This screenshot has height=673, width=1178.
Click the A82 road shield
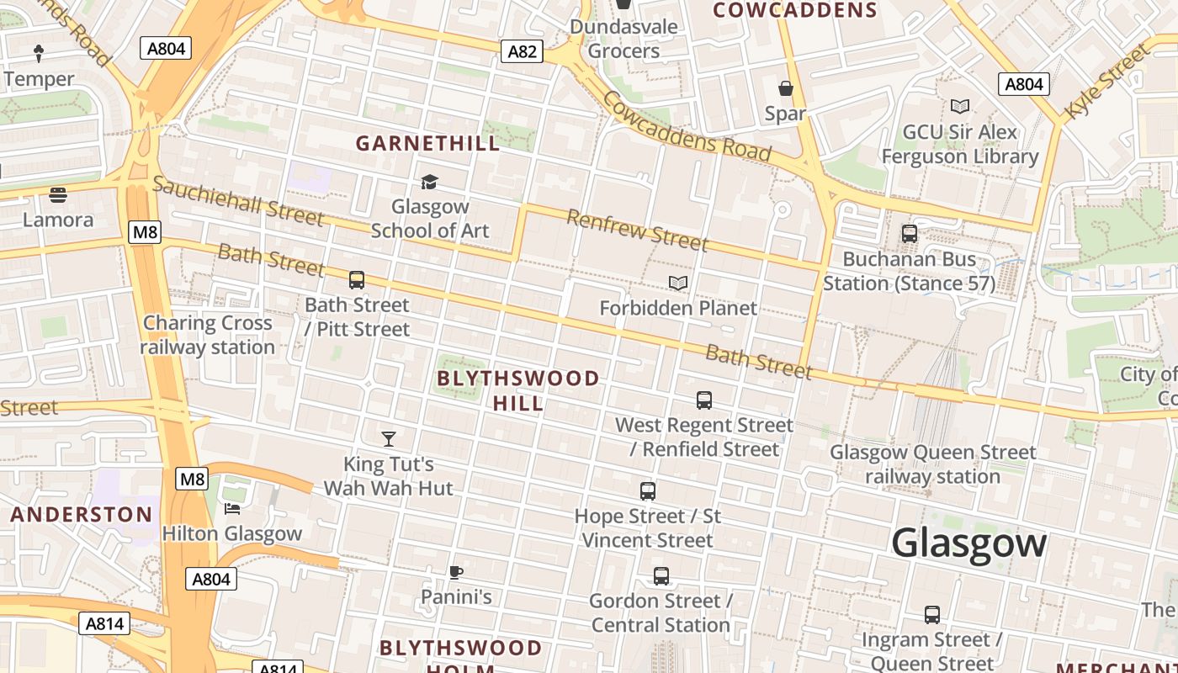[x=522, y=51]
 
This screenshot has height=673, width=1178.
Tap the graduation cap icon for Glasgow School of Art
[x=430, y=182]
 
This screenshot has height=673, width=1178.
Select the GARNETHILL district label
[x=427, y=143]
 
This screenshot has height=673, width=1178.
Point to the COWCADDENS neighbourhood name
[x=795, y=10]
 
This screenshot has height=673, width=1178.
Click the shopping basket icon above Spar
[x=786, y=88]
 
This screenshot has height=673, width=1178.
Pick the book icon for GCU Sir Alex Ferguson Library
[x=959, y=106]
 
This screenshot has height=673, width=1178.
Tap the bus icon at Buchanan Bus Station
[x=910, y=234]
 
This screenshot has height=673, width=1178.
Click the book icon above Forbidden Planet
[x=678, y=283]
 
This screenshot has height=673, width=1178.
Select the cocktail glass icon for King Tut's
[x=389, y=438]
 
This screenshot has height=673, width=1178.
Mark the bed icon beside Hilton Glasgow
[x=232, y=508]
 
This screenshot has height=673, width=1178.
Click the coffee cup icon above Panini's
[x=455, y=573]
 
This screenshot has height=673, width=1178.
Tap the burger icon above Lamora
[x=58, y=195]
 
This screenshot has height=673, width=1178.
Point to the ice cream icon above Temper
[x=39, y=54]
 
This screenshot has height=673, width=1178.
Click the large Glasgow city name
[x=968, y=543]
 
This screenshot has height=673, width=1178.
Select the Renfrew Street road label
[x=637, y=231]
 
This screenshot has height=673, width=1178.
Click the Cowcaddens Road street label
[x=686, y=126]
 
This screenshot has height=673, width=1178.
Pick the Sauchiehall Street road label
[x=238, y=200]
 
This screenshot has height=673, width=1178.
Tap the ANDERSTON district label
[x=82, y=515]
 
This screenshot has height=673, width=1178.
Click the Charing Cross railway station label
[x=208, y=335]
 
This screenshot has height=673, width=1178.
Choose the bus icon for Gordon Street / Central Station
[x=661, y=576]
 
